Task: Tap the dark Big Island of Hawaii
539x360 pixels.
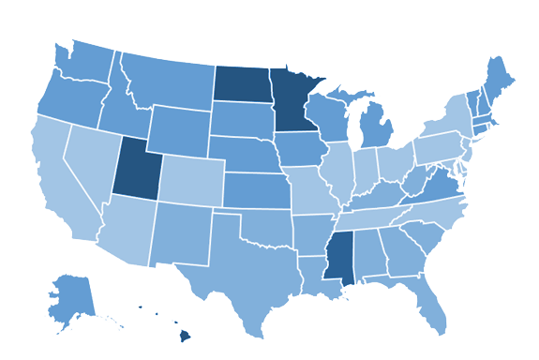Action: click(x=185, y=335)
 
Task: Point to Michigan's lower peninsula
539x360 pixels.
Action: click(x=375, y=127)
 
